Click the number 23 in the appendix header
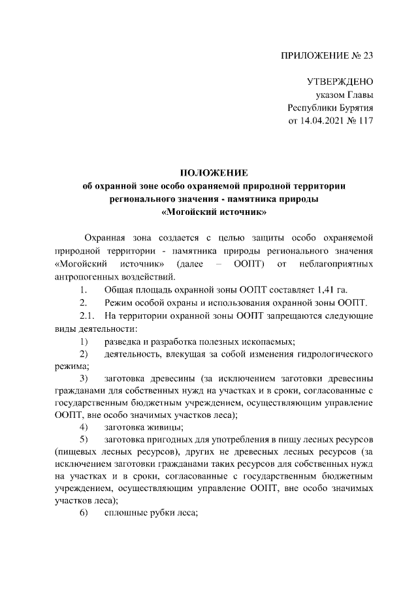[366, 55]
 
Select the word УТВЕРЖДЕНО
[340, 82]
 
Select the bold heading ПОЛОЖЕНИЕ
[214, 173]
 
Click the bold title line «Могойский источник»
[214, 212]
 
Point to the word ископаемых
[267, 342]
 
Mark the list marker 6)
[84, 513]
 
